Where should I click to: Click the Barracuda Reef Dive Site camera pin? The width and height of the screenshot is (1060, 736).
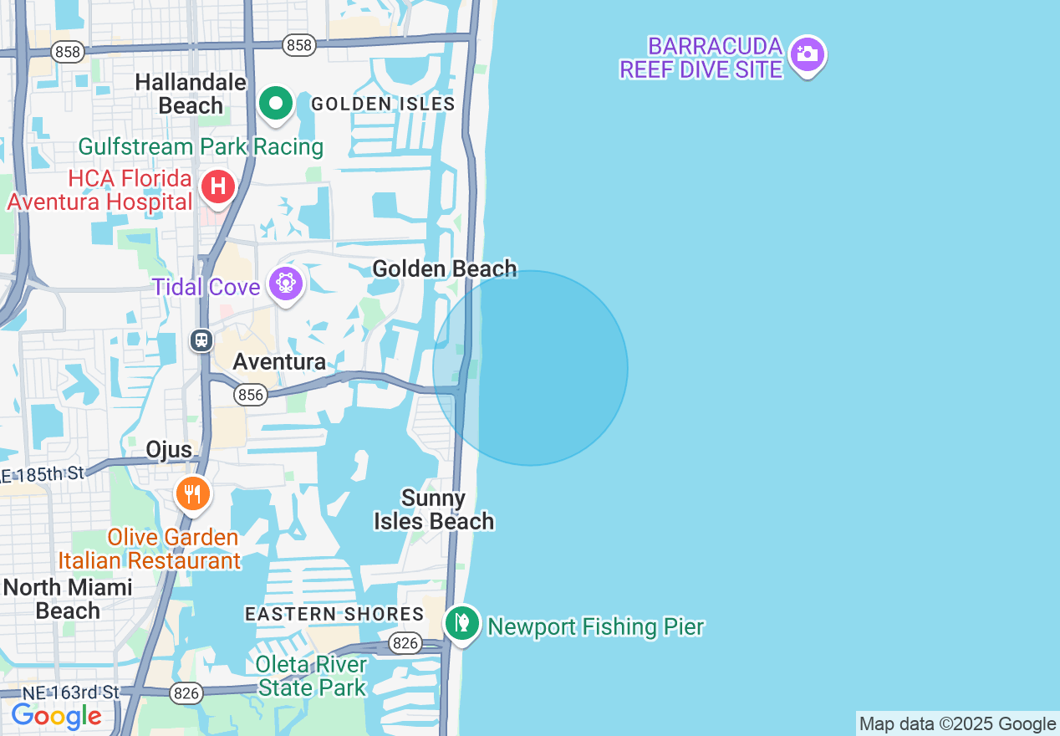tap(807, 54)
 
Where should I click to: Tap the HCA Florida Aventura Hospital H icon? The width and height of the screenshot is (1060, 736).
tap(217, 186)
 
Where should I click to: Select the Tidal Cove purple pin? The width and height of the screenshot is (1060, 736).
tap(286, 284)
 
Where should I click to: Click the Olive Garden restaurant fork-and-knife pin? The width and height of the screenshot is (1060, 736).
tap(193, 493)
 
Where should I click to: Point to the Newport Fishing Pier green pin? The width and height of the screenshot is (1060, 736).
tap(461, 623)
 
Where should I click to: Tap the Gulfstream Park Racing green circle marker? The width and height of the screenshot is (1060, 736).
tap(276, 105)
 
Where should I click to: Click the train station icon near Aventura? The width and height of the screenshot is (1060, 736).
tap(201, 340)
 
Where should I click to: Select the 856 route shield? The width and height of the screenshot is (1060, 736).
tap(250, 395)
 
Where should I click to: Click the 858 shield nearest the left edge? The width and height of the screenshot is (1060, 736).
tap(67, 52)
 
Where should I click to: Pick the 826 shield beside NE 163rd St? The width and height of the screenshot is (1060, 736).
tap(186, 693)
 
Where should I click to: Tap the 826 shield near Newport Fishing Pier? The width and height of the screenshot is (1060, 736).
tap(405, 643)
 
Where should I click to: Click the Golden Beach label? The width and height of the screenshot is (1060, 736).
tap(444, 268)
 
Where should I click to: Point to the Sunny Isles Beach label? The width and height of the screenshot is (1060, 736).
tap(434, 509)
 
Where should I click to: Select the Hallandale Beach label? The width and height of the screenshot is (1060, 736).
tap(191, 94)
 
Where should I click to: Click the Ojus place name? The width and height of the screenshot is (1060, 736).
tap(169, 449)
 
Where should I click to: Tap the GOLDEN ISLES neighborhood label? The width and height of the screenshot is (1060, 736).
tap(383, 104)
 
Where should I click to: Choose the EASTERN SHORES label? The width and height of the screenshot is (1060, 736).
tap(334, 614)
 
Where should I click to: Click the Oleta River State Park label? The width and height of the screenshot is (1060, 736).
tap(312, 676)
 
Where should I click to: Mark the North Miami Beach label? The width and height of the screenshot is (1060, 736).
tap(68, 599)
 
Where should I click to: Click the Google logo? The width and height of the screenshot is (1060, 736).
tap(57, 717)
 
